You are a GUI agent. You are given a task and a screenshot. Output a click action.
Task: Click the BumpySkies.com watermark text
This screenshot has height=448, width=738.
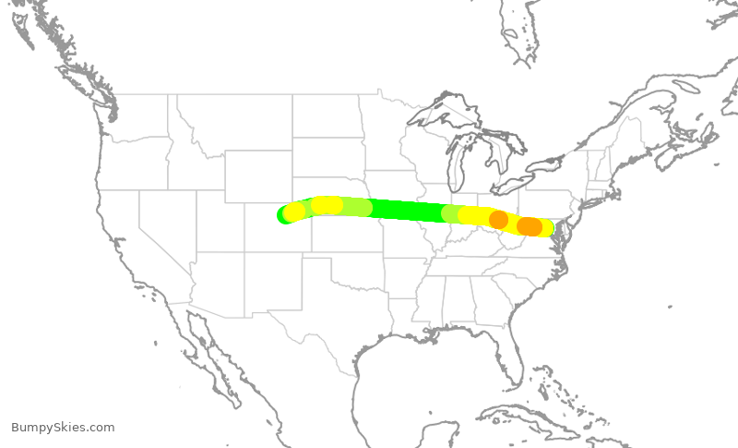[x=63, y=427]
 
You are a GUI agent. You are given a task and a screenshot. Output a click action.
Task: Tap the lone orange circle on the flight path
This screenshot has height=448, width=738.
[x=498, y=220]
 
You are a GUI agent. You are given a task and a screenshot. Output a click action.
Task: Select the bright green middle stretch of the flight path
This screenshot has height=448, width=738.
[x=406, y=210]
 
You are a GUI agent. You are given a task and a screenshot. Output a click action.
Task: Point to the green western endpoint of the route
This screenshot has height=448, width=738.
[x=285, y=215]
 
